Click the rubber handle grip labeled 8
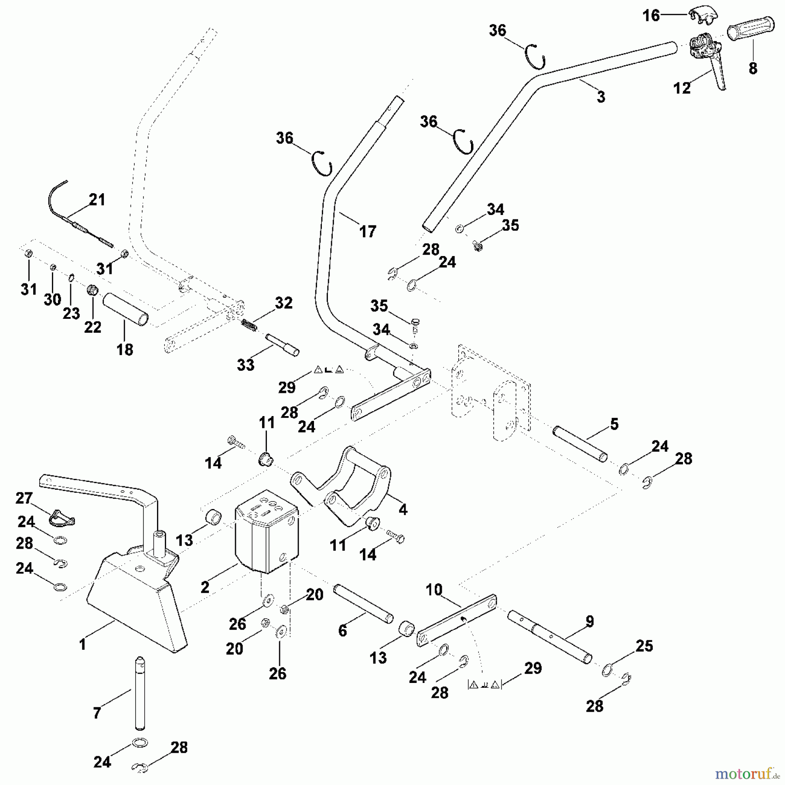pos(750,29)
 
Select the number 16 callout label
pos(651,16)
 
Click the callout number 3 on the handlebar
pos(601,97)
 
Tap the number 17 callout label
pos(367,231)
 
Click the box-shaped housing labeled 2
pos(266,539)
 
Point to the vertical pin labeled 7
pos(140,693)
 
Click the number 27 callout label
pos(24,498)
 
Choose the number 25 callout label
pos(644,646)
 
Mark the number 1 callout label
pos(82,644)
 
